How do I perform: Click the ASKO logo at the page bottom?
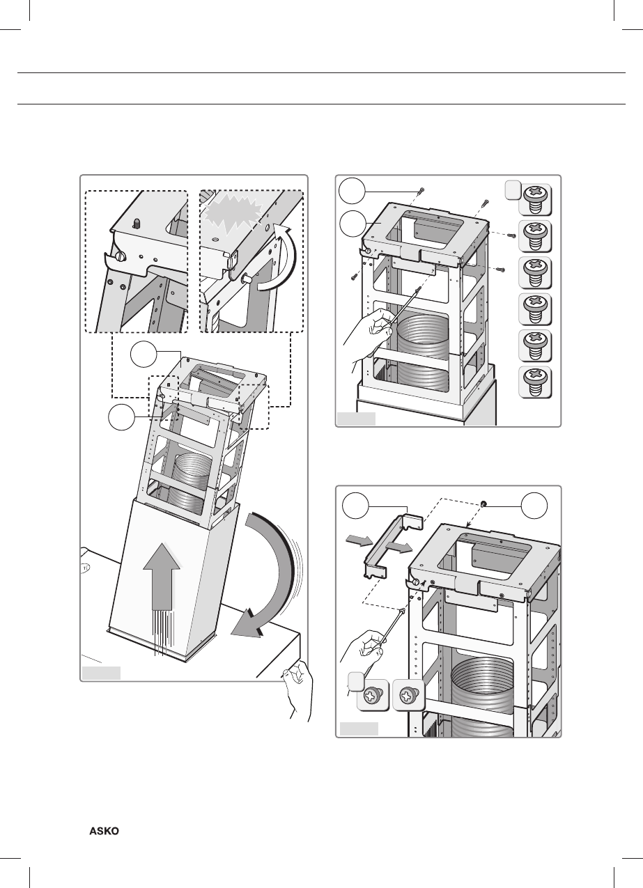pos(104,832)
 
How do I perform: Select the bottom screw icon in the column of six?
pos(536,381)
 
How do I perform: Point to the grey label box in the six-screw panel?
pos(356,419)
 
